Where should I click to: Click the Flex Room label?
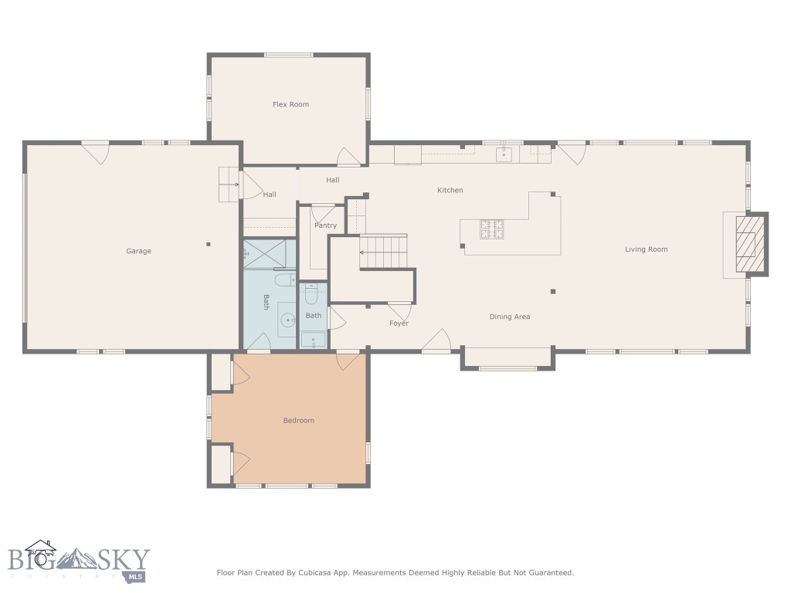(x=290, y=104)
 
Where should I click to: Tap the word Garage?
(x=139, y=251)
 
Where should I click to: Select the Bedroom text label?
(x=298, y=421)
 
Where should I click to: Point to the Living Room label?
(x=646, y=249)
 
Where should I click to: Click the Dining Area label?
(x=509, y=317)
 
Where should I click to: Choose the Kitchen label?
(x=450, y=190)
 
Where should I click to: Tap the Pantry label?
(x=325, y=225)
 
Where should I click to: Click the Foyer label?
(x=399, y=324)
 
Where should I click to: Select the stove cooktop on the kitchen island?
(x=491, y=228)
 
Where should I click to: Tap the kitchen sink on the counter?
(x=504, y=154)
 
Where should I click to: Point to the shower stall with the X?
(x=268, y=252)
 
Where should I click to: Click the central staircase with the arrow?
(x=383, y=252)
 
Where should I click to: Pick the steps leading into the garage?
(x=229, y=185)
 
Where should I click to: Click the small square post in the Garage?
(x=208, y=245)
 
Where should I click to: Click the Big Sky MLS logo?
(x=77, y=561)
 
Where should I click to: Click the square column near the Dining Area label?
(x=552, y=291)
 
